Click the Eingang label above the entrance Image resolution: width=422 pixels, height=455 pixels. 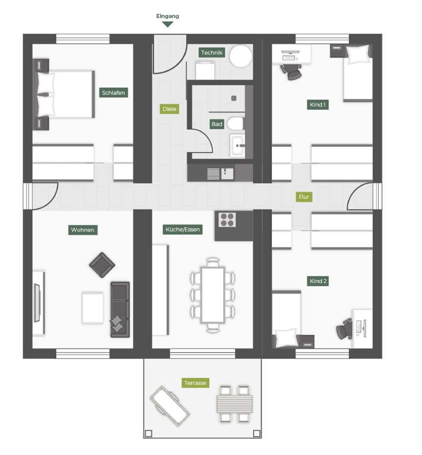(167, 16)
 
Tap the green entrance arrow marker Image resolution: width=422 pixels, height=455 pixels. (168, 24)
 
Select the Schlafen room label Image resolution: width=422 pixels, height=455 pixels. (113, 93)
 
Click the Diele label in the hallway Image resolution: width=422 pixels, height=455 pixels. (169, 109)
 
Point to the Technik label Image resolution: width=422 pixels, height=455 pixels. (212, 53)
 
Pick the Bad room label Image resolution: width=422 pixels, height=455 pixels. (217, 124)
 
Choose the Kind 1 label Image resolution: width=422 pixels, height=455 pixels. (318, 105)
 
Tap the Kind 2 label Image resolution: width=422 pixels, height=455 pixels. (318, 281)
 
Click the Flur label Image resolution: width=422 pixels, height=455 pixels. (304, 197)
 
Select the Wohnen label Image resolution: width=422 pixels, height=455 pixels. (83, 230)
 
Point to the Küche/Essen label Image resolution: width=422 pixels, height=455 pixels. (182, 230)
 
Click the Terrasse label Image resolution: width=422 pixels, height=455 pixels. (195, 383)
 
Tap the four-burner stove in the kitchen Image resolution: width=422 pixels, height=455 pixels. (227, 220)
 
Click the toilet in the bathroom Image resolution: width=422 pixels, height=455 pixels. (236, 123)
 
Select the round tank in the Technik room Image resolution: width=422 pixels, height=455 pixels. (240, 56)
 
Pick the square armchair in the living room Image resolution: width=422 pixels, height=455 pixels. (102, 265)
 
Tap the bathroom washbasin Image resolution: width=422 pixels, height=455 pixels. (237, 146)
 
